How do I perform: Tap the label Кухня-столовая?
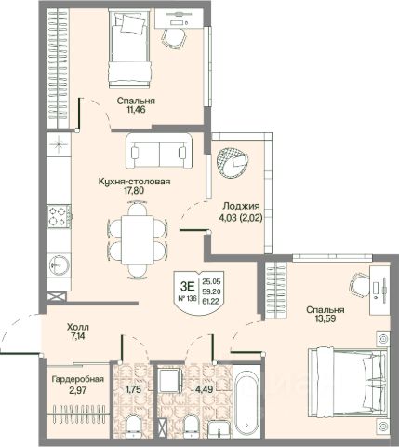(134, 182)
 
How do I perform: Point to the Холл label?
(78, 327)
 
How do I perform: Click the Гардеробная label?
(78, 379)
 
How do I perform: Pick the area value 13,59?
(325, 318)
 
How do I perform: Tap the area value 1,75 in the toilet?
(133, 389)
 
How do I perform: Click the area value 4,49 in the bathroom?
(204, 389)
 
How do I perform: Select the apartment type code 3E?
(187, 286)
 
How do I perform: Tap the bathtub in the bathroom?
(246, 398)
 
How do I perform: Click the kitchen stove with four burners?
(59, 216)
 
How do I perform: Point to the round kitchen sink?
(60, 264)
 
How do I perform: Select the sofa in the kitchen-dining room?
(159, 151)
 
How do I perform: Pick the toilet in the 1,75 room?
(134, 428)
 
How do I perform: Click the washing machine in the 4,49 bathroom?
(169, 380)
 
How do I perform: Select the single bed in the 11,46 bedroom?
(129, 48)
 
